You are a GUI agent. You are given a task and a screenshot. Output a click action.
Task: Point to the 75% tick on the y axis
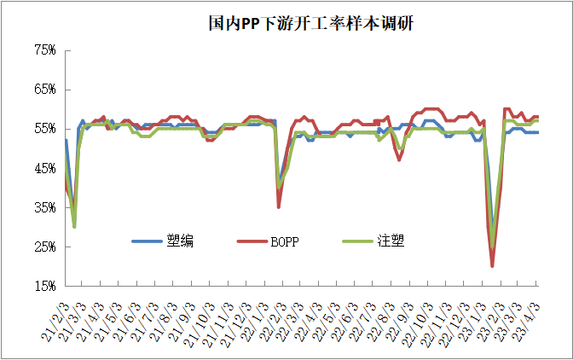(44, 50)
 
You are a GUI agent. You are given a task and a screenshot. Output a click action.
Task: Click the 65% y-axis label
(44, 90)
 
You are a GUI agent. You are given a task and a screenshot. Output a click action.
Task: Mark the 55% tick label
(44, 129)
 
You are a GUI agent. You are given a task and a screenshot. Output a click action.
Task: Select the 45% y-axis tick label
(44, 168)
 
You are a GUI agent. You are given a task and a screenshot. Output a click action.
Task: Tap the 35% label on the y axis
(44, 207)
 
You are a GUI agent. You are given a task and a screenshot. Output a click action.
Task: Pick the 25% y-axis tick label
(44, 247)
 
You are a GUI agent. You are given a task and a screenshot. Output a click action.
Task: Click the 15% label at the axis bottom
(44, 286)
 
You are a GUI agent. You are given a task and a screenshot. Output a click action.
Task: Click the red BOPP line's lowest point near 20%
(493, 266)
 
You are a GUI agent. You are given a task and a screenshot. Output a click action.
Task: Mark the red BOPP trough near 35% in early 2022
(279, 206)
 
